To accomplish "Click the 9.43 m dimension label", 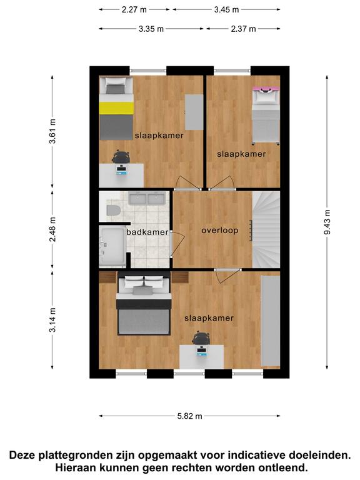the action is coord(327,222).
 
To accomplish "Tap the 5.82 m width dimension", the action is coord(190,416).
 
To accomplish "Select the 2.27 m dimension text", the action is coord(134,9).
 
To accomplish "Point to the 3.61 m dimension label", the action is coord(52,131).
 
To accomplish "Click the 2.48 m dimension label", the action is coord(52,229).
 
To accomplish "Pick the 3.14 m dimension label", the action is coord(52,320).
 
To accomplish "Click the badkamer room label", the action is coord(147,232).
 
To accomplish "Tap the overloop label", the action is coord(220,230).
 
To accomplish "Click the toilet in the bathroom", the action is coord(113,210).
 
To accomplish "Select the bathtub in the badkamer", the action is coord(112,246).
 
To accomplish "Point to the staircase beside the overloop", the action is coord(266,229).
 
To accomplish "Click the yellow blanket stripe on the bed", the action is coord(116,108).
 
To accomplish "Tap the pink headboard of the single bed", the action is coord(266,89).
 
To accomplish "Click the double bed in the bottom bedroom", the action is coord(144,305).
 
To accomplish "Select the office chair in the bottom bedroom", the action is coord(201,337).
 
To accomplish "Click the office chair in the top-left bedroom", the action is coord(121,157).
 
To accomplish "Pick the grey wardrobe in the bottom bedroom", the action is coord(271,321).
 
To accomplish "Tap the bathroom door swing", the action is coord(177,243).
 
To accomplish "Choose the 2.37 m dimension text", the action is coord(243,29).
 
